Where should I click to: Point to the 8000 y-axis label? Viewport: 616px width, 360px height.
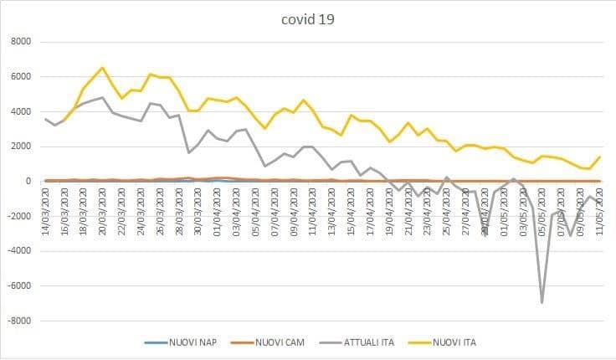[21, 42]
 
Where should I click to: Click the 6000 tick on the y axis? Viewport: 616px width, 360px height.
[21, 77]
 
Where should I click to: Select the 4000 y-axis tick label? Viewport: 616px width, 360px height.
[21, 111]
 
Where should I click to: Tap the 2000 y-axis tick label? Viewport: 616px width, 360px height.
[21, 147]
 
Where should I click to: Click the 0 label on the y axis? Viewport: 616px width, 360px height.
[28, 182]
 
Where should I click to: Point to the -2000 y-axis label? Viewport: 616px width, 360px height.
[19, 216]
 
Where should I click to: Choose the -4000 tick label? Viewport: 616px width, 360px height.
[19, 251]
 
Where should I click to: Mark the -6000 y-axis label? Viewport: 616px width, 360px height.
[19, 285]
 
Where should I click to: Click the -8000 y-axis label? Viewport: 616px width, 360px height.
[19, 321]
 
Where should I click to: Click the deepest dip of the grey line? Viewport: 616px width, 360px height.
[542, 302]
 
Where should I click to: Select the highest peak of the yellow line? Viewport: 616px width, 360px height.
[102, 68]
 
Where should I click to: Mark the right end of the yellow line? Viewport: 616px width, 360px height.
[599, 157]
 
